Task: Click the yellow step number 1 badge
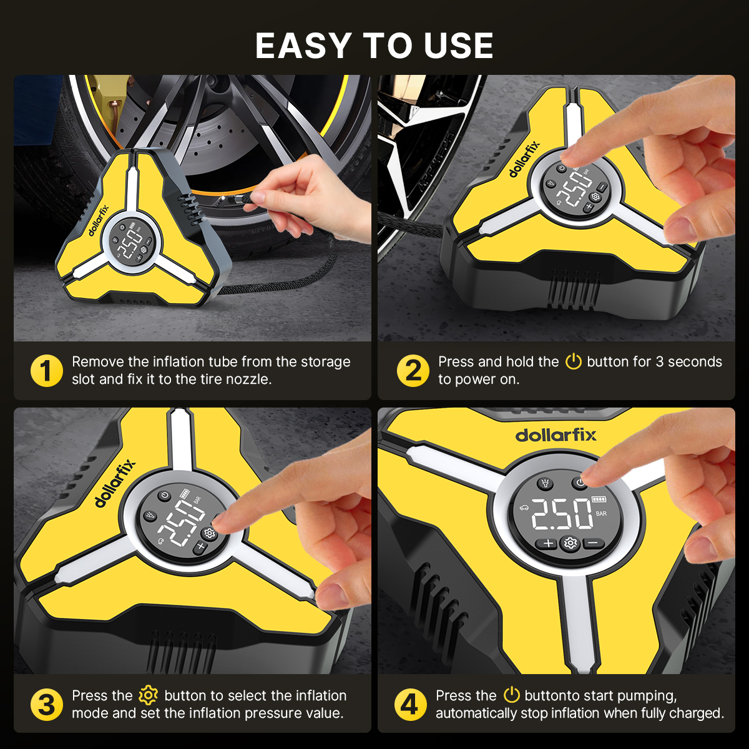pos(47,370)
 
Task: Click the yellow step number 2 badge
pos(413,370)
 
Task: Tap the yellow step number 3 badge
pos(47,704)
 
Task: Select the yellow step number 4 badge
pos(411,704)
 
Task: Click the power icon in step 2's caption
pos(573,361)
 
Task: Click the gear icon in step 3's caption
pos(148,695)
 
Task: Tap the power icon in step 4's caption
pos(512,695)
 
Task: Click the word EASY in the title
pos(303,46)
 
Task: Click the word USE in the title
pos(459,46)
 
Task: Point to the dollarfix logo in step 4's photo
pos(556,435)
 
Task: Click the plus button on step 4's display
pos(548,543)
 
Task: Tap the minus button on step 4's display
pos(593,542)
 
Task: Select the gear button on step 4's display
pos(570,543)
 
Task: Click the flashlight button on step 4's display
pos(546,483)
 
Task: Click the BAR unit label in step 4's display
pos(601,514)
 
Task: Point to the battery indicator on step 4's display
pos(599,499)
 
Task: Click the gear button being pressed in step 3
pos(209,533)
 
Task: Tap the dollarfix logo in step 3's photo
pos(115,483)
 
